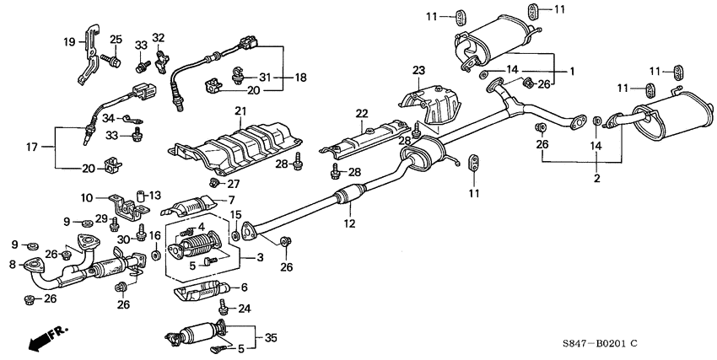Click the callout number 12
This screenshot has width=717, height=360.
point(349,224)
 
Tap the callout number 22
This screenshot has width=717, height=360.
point(362,114)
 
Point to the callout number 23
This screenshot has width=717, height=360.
point(418,70)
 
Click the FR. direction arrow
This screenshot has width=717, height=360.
point(46,339)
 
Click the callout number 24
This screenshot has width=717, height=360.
point(245,309)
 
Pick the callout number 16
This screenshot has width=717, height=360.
point(155,236)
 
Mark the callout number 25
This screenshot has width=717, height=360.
point(116,40)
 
